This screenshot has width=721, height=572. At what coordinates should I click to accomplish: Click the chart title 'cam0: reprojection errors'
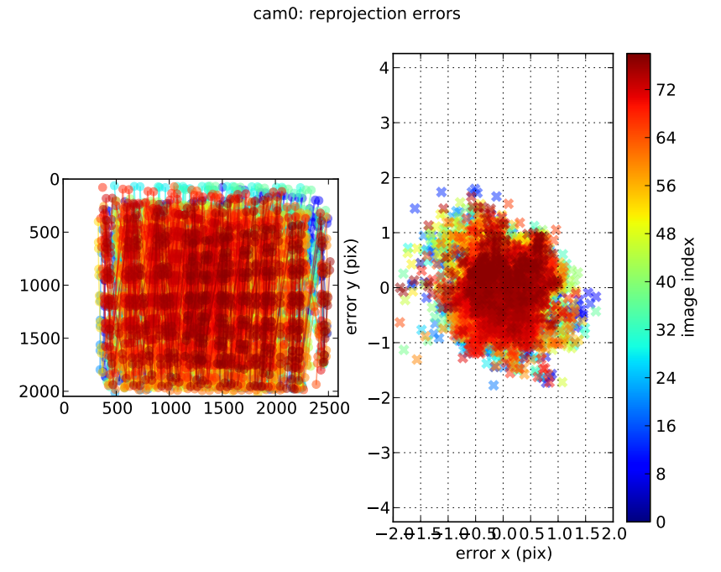pos(356,14)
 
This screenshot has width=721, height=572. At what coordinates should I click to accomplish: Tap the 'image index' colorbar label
pos(688,286)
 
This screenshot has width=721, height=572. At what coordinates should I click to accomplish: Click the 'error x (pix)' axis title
pos(504,554)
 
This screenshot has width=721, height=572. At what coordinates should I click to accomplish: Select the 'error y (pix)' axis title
pos(353,286)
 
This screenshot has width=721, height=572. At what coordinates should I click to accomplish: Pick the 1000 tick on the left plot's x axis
pos(171,408)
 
